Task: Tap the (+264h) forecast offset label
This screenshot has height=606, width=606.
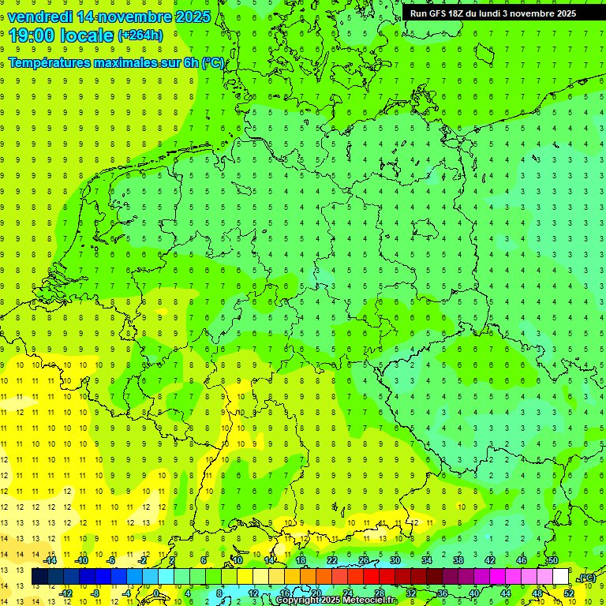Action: (x=140, y=35)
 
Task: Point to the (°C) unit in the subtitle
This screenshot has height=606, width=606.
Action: (x=212, y=62)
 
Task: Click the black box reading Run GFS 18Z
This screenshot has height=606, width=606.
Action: (x=493, y=13)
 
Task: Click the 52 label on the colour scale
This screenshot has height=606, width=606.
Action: (x=569, y=593)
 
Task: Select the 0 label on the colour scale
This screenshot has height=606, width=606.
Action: (x=156, y=593)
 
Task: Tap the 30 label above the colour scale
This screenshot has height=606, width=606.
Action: (x=395, y=560)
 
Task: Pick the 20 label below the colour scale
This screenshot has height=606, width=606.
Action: (x=316, y=593)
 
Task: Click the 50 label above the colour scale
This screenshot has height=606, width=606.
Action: (x=553, y=560)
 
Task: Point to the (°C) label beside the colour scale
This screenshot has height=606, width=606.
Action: (x=586, y=578)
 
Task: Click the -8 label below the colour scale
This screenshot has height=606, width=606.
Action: (x=95, y=593)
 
